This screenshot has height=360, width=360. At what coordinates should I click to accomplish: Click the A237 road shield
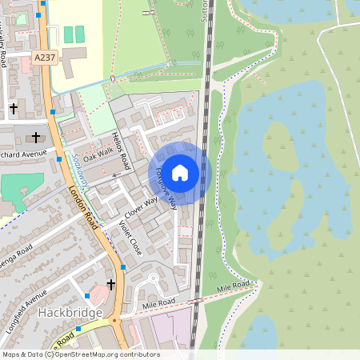tap(44, 58)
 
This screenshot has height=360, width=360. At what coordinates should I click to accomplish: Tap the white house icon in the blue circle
tap(180, 172)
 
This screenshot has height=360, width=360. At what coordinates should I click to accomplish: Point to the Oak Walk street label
tap(100, 152)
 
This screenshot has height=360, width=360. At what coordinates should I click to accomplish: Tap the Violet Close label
tap(130, 238)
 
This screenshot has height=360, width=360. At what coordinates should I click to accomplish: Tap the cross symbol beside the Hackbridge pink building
tap(110, 283)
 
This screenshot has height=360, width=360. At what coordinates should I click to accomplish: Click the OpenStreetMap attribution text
tap(80, 354)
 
